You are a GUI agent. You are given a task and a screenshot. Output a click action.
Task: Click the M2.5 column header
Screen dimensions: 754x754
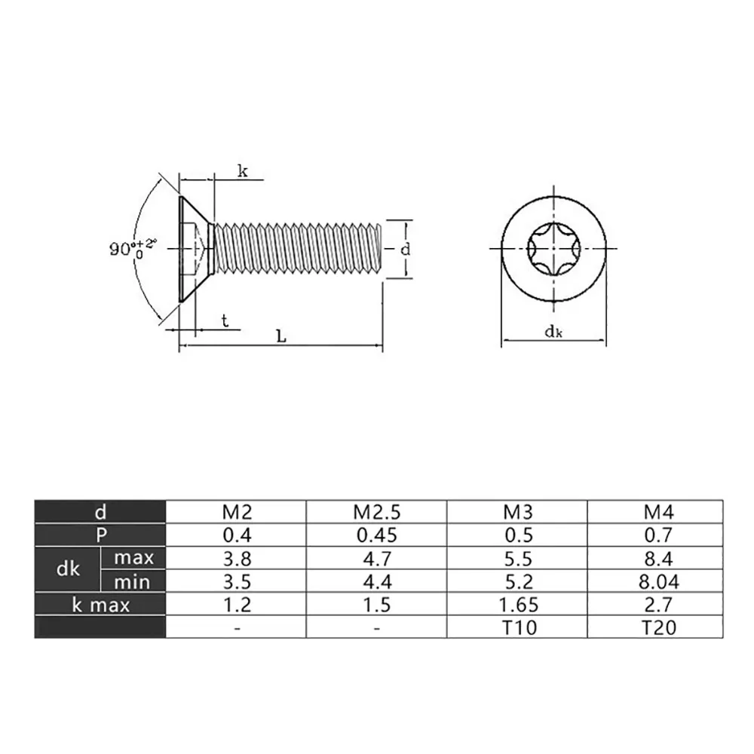pos(376,512)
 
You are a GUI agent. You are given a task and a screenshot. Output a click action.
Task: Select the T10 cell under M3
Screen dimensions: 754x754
pos(519,627)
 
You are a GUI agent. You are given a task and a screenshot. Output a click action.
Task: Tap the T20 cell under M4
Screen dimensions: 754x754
pos(659,627)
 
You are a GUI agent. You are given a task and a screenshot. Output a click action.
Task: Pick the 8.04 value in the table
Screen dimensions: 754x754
pos(659,582)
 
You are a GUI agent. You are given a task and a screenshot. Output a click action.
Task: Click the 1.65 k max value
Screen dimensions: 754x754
pos(519,605)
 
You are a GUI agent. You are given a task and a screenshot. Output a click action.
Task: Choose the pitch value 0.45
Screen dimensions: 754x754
pos(376,535)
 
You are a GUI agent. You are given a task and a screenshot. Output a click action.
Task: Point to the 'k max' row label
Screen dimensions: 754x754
pos(101,605)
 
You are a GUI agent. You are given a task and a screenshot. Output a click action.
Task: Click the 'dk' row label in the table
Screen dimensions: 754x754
pos(68,569)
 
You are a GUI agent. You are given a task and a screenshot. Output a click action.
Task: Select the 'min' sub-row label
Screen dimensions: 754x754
pos(132,582)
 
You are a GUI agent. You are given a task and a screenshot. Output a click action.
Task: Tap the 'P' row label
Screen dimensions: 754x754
pos(101,535)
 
